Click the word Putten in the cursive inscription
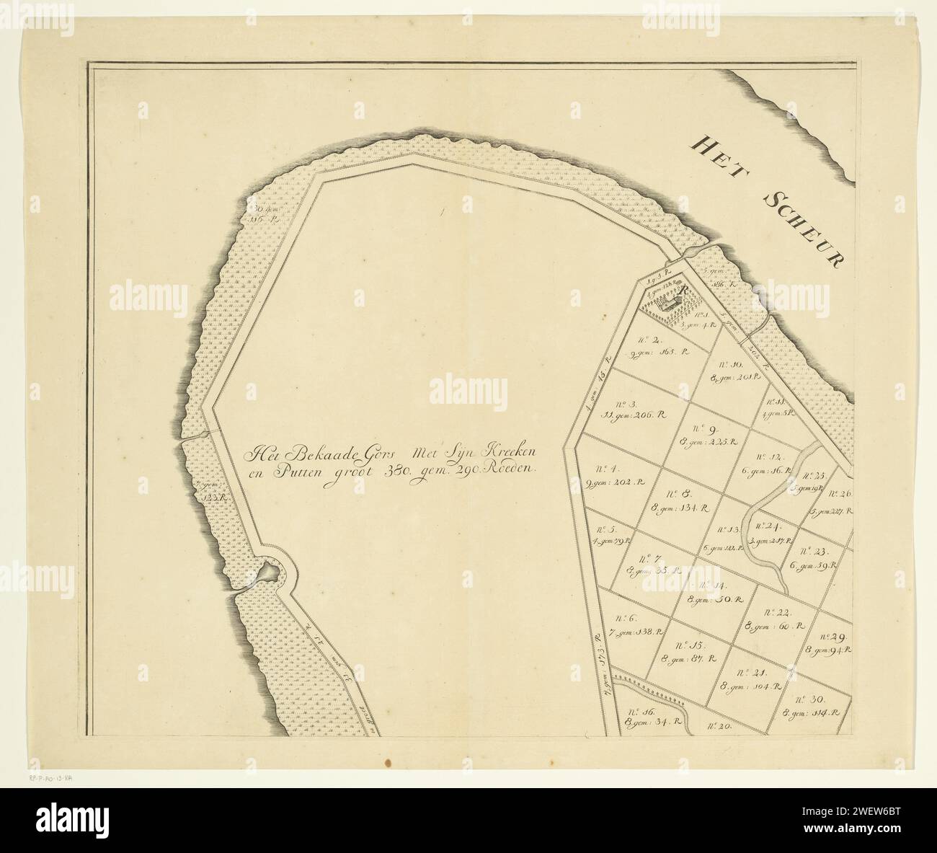pyautogui.click(x=285, y=468)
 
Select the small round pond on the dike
pyautogui.click(x=268, y=572)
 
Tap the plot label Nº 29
pyautogui.click(x=832, y=637)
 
